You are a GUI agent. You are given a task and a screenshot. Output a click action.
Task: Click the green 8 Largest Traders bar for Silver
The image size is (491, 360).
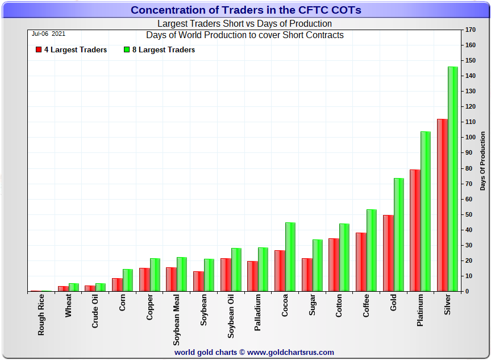click(452, 179)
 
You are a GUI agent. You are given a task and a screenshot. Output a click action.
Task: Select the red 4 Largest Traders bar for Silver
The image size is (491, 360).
click(442, 205)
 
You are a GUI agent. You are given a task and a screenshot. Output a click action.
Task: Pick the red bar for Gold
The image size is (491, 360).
click(388, 253)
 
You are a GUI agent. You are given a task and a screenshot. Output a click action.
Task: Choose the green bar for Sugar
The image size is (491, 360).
click(317, 265)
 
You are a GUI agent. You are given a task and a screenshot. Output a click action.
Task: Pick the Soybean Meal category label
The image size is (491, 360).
click(177, 320)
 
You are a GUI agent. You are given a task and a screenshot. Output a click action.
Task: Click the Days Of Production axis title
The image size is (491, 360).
click(482, 160)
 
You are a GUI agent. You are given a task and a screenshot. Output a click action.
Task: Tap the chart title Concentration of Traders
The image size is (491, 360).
click(246, 10)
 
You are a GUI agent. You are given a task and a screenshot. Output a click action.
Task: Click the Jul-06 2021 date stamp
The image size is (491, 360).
click(48, 34)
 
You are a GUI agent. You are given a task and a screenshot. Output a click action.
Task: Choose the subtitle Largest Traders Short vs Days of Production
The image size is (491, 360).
click(244, 24)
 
